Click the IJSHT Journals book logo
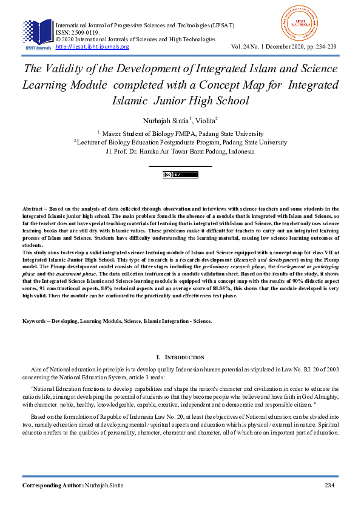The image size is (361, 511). (37, 32)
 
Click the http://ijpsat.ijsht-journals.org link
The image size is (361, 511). (92, 47)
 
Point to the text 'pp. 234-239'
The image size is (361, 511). (322, 47)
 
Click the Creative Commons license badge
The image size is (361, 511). (180, 175)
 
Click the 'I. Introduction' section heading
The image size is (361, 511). (180, 357)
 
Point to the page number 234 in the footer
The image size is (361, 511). (330, 486)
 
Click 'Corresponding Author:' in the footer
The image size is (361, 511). (53, 486)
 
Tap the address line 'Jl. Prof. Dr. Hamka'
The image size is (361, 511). (180, 151)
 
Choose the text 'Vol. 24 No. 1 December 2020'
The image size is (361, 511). (266, 47)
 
